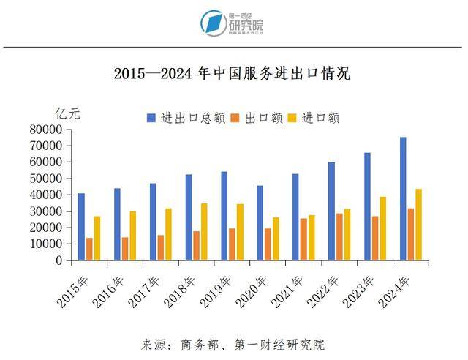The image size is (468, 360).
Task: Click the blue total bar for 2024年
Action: tap(402, 198)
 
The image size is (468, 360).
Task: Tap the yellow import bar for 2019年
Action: tap(240, 232)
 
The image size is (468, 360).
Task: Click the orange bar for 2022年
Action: tap(339, 236)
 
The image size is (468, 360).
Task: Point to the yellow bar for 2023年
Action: tap(382, 228)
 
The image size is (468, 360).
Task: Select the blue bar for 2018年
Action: tap(188, 217)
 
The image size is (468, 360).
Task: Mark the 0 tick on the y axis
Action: tap(59, 260)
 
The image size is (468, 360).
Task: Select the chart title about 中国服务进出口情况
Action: tap(233, 73)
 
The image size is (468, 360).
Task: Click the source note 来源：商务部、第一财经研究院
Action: tap(233, 344)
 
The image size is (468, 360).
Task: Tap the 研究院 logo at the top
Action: tap(233, 23)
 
